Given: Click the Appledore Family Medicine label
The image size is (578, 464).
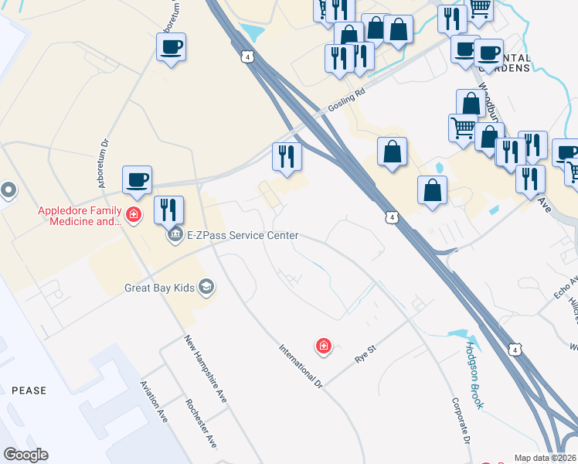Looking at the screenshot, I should [x=80, y=217].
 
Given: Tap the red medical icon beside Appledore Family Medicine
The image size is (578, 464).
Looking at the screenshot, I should [x=134, y=213].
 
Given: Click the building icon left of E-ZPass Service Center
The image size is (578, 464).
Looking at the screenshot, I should [x=175, y=234].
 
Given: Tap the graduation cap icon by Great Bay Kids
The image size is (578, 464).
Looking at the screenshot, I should [x=206, y=288].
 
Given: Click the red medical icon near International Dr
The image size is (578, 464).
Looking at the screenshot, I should [x=324, y=346].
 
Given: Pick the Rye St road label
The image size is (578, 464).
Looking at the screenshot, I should [x=365, y=355].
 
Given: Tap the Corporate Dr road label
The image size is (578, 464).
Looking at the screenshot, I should [x=461, y=421].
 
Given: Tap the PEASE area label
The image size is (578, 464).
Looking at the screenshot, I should [x=29, y=391].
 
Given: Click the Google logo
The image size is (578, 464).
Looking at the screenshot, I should [x=25, y=455].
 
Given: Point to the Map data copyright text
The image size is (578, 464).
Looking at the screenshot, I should [x=545, y=458].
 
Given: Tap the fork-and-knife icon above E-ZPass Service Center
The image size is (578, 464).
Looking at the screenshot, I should [x=168, y=210].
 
